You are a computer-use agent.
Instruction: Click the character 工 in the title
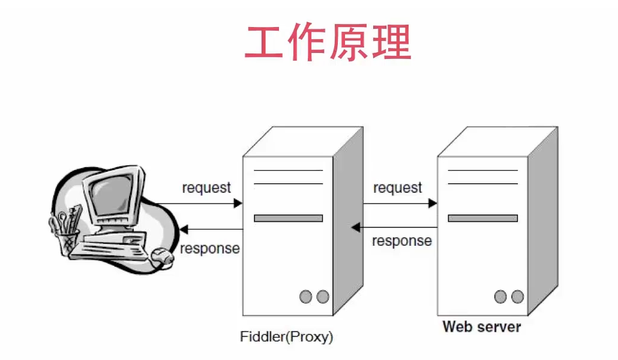tap(265, 43)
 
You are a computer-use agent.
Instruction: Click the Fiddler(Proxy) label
tap(286, 337)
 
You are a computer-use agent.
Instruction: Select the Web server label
tap(482, 327)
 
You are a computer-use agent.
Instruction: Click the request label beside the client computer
tap(206, 188)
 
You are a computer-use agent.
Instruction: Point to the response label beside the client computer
tap(209, 248)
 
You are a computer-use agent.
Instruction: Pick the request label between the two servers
tap(398, 188)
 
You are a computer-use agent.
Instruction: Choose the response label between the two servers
tap(401, 241)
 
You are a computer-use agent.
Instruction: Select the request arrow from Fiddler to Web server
tap(400, 203)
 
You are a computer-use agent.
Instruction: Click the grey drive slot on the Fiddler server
tap(288, 218)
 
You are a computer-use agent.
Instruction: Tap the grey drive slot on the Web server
tap(482, 218)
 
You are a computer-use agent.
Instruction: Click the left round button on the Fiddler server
tap(307, 296)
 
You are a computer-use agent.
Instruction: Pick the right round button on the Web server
tap(517, 296)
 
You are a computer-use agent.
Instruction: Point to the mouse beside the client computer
tap(161, 256)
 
